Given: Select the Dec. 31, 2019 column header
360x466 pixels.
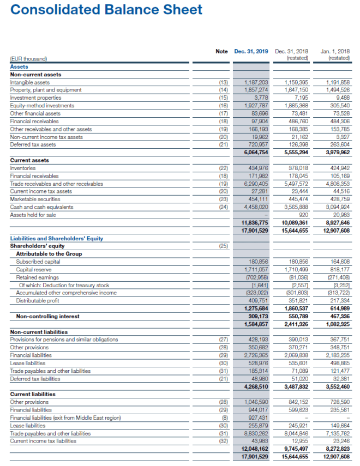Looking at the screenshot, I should (251, 51).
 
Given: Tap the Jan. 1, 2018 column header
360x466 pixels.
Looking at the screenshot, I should (337, 51).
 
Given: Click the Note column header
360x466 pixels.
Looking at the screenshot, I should (221, 51).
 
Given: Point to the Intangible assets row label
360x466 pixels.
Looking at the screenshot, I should (30, 82).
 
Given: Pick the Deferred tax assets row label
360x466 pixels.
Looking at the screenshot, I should (33, 144).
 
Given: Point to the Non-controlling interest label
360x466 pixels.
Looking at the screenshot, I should (48, 316).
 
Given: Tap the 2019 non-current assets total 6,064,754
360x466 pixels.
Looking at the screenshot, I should (255, 153).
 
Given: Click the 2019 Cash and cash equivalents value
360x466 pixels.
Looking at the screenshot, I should (255, 207).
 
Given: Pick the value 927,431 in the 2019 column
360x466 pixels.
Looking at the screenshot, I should (256, 417).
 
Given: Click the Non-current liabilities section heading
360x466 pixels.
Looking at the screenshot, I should (39, 332).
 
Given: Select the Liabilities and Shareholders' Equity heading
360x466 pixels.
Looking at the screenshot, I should (57, 238).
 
